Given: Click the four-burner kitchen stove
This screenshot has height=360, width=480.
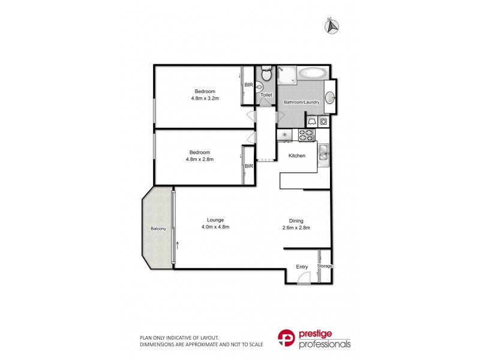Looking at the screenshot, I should (307, 136).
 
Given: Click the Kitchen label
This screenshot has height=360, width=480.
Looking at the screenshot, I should (297, 156).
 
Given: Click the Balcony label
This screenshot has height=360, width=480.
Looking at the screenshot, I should (158, 229).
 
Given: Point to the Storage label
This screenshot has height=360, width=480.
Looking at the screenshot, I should (325, 266).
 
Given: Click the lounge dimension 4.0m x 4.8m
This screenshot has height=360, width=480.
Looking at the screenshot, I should (215, 227).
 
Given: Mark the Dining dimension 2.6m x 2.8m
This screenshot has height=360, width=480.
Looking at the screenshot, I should (296, 227).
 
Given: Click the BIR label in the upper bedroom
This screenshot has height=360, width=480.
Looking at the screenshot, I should (248, 85).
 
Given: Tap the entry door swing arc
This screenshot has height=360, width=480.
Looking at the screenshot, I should (305, 276).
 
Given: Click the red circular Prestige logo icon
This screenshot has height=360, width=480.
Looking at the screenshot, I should (286, 340).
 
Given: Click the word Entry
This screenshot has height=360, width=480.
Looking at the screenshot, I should (302, 267).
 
